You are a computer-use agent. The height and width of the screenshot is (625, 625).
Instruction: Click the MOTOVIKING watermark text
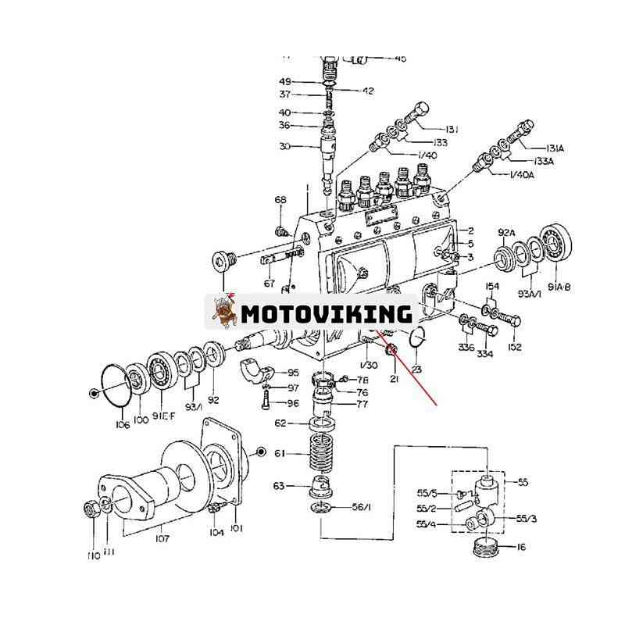[x=327, y=313]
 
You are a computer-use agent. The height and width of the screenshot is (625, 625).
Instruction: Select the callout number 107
[x=162, y=537]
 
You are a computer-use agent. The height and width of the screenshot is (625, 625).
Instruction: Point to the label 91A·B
[x=559, y=287]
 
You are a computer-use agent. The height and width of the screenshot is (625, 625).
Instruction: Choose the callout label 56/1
[x=361, y=508]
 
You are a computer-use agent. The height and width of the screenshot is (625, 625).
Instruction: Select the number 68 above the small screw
[x=280, y=201]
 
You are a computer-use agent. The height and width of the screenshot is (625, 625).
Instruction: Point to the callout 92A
[x=507, y=233]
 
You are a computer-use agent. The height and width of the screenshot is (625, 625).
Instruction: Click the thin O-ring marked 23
[x=416, y=337]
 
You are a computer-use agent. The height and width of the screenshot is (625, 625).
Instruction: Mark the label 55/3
[x=527, y=518]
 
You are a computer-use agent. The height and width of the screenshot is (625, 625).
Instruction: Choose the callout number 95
[x=293, y=373]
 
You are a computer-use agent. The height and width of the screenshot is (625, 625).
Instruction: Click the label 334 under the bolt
[x=485, y=354]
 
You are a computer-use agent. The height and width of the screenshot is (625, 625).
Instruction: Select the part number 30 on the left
[x=284, y=146]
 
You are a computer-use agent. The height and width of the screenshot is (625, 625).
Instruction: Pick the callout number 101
[x=236, y=528]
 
